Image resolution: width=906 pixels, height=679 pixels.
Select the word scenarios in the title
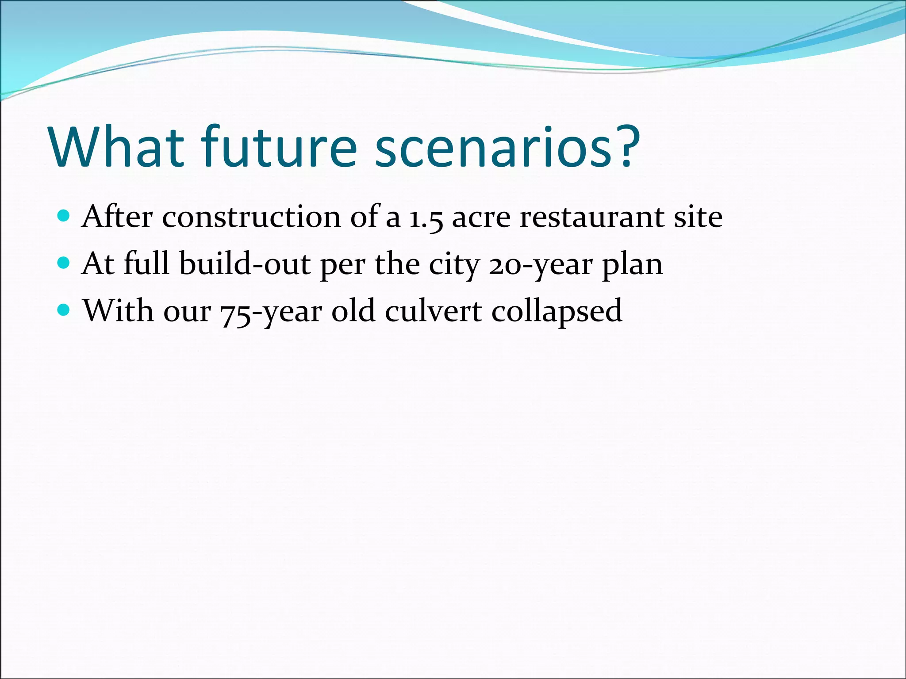tap(493, 147)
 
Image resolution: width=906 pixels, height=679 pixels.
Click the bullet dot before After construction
tap(64, 216)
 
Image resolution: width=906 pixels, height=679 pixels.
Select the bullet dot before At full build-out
tap(64, 263)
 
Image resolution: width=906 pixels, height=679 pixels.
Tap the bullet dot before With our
tap(64, 310)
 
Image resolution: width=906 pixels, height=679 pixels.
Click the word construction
tap(251, 217)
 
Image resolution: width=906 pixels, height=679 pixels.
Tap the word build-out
tap(245, 264)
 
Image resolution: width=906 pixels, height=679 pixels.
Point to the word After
tap(117, 217)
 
